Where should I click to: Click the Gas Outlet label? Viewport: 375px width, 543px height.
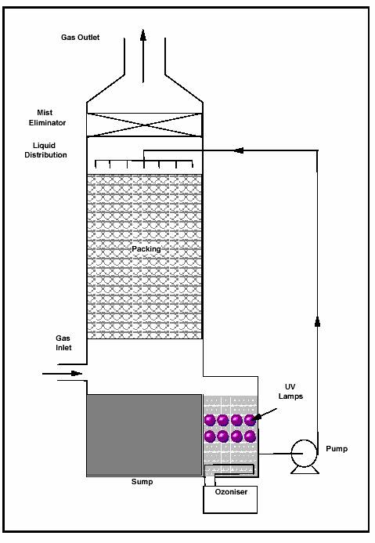[x=81, y=38]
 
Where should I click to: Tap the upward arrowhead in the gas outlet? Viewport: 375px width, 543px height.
[x=142, y=35]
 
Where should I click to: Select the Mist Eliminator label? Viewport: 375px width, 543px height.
[x=47, y=118]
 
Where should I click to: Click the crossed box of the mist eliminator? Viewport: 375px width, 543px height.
[x=144, y=125]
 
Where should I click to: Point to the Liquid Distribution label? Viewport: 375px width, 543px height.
[x=45, y=150]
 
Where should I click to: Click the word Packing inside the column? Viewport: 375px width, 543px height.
[x=146, y=249]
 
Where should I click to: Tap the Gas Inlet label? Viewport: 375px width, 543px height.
[x=63, y=343]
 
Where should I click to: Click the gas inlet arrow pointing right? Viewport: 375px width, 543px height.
[x=63, y=373]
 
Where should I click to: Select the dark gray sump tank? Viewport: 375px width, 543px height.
[x=144, y=435]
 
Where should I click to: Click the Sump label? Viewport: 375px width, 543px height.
[x=142, y=482]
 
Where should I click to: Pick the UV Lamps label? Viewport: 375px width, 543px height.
[x=290, y=392]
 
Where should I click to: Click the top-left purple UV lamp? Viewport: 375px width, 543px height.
[x=210, y=420]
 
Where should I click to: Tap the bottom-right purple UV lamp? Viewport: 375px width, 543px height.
[x=250, y=436]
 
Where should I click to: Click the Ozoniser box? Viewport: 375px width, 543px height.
[x=230, y=500]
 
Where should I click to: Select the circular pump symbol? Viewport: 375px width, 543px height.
[x=304, y=454]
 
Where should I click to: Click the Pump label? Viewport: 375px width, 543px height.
[x=337, y=449]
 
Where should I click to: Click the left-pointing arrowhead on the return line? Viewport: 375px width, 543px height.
[x=239, y=150]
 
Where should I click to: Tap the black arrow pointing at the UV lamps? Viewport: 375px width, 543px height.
[x=265, y=414]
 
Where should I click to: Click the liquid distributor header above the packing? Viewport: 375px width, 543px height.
[x=144, y=163]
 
